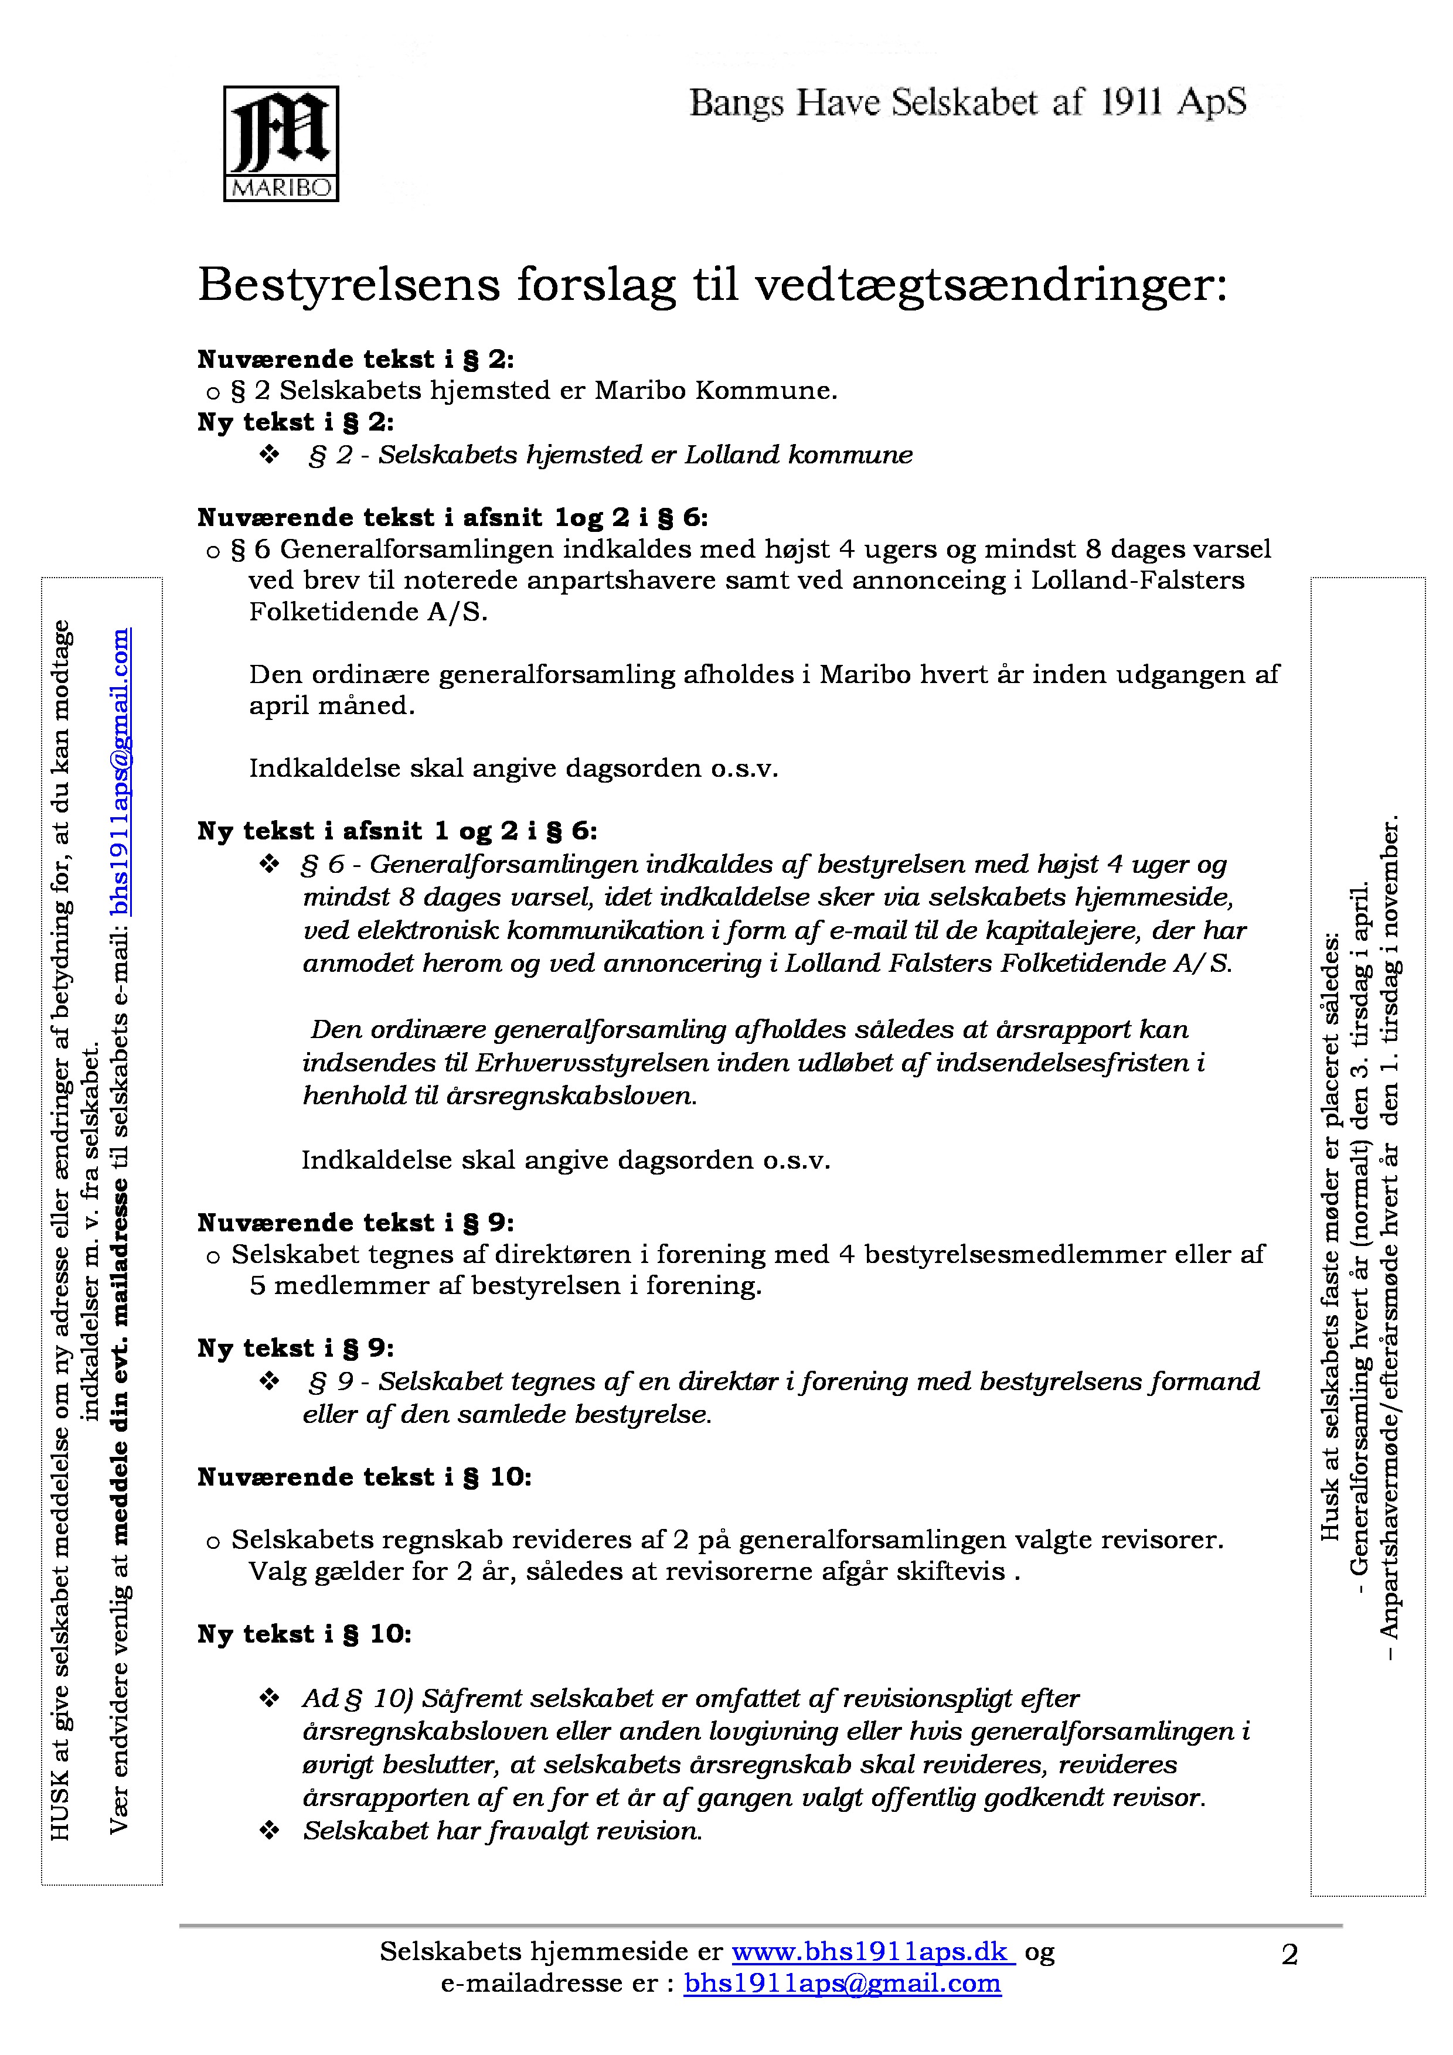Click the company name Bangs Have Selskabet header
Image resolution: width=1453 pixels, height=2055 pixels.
click(967, 104)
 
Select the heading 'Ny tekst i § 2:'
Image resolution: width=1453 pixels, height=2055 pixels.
click(295, 422)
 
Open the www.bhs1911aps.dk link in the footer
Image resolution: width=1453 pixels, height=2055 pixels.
click(873, 1951)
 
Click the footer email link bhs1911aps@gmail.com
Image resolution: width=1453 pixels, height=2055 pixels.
click(842, 1984)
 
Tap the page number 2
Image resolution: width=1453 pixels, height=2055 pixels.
click(1289, 1955)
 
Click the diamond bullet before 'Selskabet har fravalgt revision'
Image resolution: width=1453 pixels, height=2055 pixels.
click(270, 1831)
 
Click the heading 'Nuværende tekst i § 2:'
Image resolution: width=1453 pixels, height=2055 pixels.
click(355, 360)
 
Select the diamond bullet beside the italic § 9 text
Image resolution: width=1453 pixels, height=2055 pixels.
click(270, 1381)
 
